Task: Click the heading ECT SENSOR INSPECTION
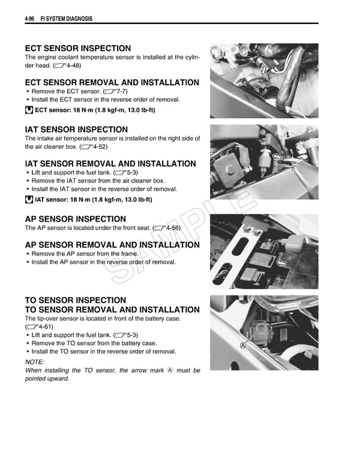pos(77,48)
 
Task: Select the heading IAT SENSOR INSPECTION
pos(76,129)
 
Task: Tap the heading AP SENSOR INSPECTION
pos(75,219)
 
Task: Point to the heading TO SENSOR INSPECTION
pos(75,300)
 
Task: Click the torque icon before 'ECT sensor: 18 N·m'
pos(29,110)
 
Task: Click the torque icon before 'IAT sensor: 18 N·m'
pos(29,199)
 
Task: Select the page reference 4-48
pos(67,65)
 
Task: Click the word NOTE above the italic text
pos(34,362)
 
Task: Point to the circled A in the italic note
pos(170,371)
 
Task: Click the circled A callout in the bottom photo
pos(243,346)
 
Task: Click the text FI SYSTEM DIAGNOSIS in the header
pos(66,19)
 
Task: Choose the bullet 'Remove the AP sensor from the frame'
pos(85,253)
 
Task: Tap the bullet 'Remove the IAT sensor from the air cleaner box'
pos(98,181)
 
